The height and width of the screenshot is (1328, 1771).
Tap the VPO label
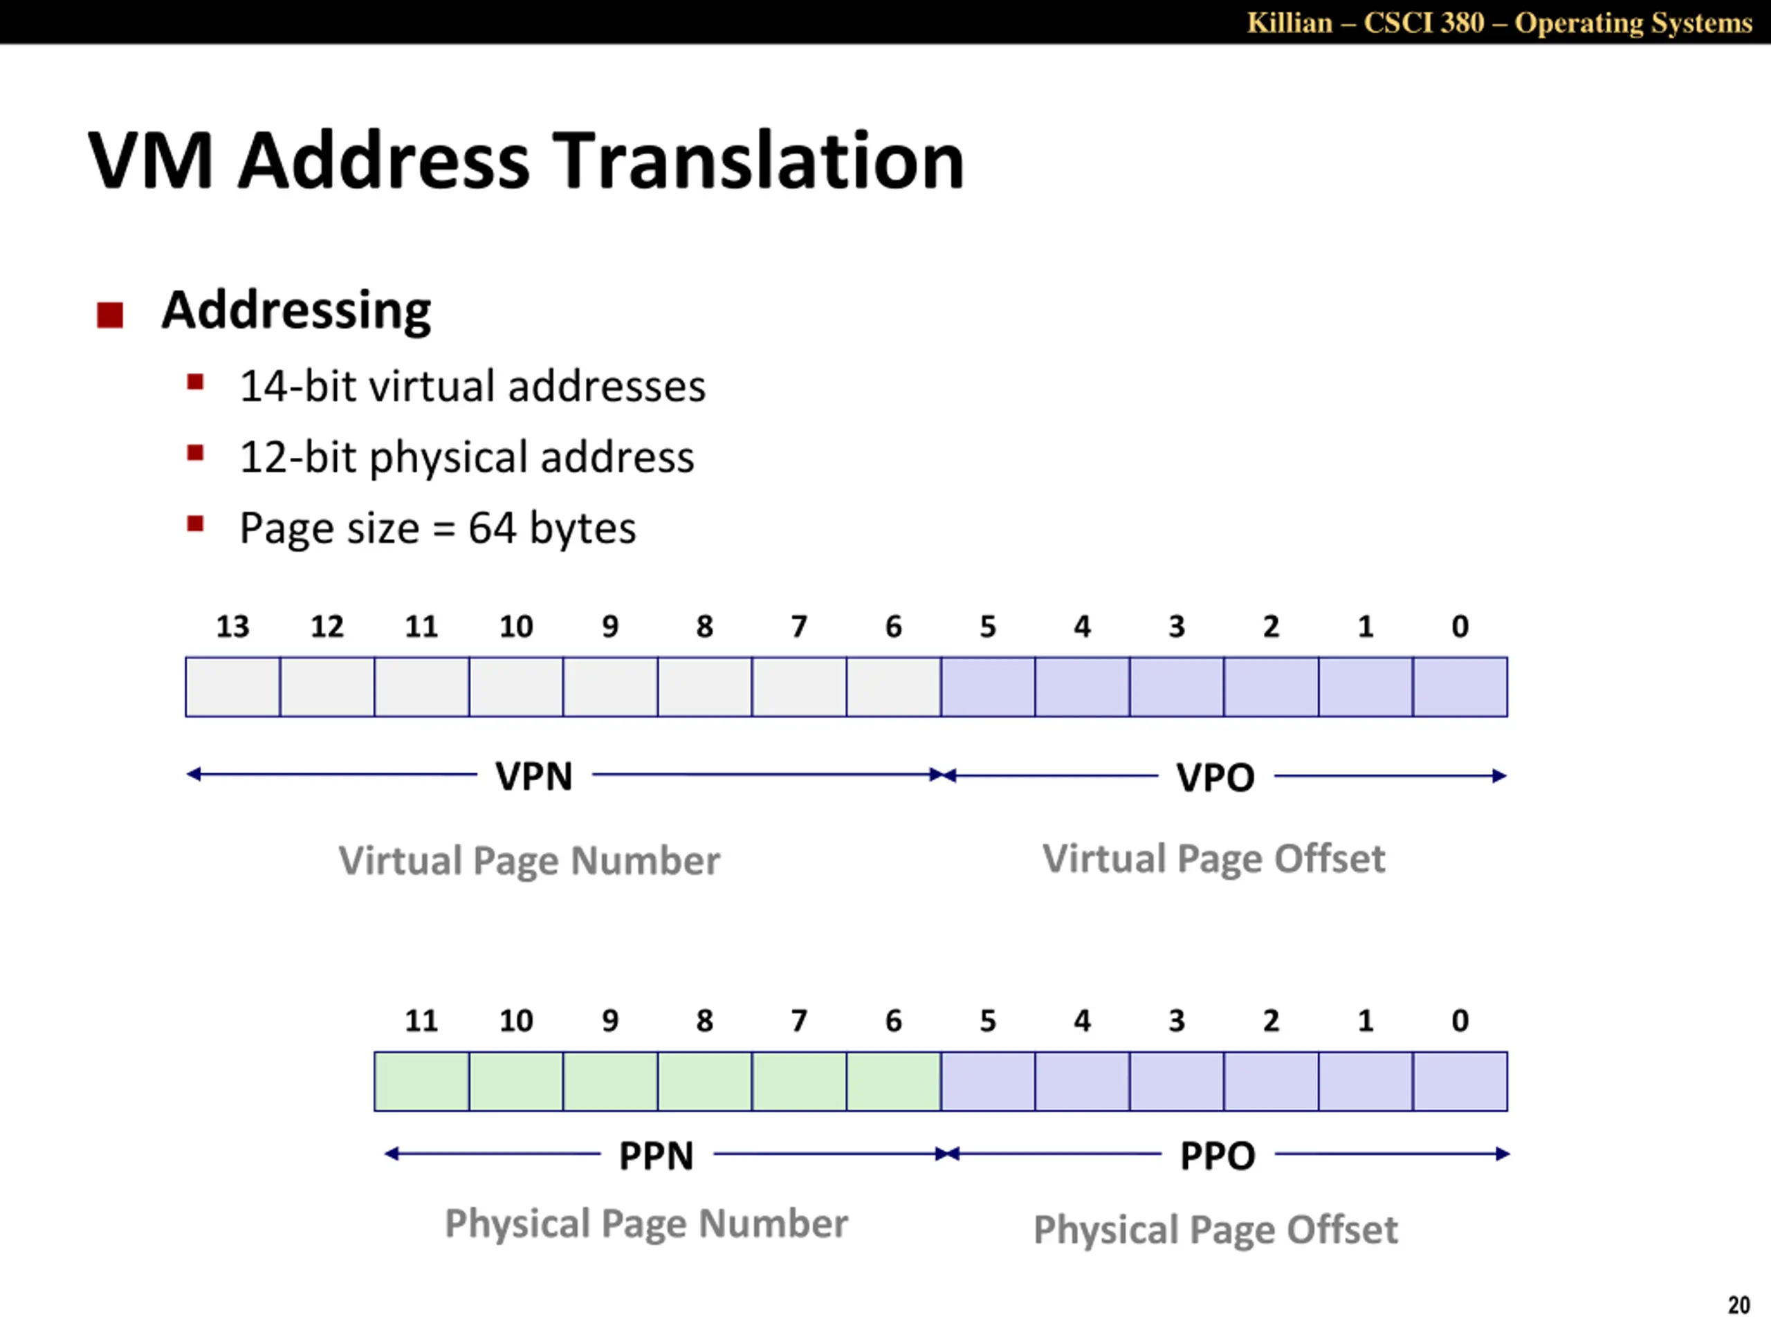(1215, 777)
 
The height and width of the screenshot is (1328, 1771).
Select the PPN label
(656, 1156)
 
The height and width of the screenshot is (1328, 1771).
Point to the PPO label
(1217, 1156)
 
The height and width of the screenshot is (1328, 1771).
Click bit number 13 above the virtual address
(232, 626)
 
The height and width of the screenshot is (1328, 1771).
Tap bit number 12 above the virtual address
(327, 626)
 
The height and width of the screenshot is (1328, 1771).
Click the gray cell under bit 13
(233, 687)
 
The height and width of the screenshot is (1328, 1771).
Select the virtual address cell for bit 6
(894, 687)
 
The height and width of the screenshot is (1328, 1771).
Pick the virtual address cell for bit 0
(1460, 687)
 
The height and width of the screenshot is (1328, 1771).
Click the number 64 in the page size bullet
(492, 528)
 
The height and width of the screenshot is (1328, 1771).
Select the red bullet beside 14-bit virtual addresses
(195, 381)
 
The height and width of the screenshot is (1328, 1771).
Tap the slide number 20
(1738, 1304)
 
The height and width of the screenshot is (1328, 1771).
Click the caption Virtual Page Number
(529, 860)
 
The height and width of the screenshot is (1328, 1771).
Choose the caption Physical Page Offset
(1215, 1230)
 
